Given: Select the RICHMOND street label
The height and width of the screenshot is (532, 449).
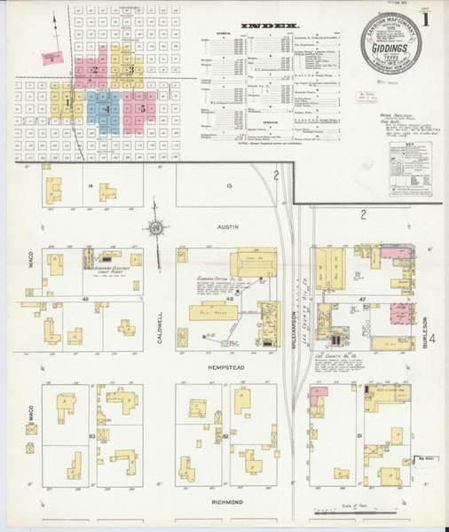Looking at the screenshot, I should pyautogui.click(x=228, y=502).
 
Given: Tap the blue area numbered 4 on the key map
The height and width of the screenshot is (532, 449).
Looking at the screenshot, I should pyautogui.click(x=107, y=109).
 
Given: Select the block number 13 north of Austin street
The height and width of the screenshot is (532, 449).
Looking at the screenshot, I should pyautogui.click(x=228, y=185).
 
